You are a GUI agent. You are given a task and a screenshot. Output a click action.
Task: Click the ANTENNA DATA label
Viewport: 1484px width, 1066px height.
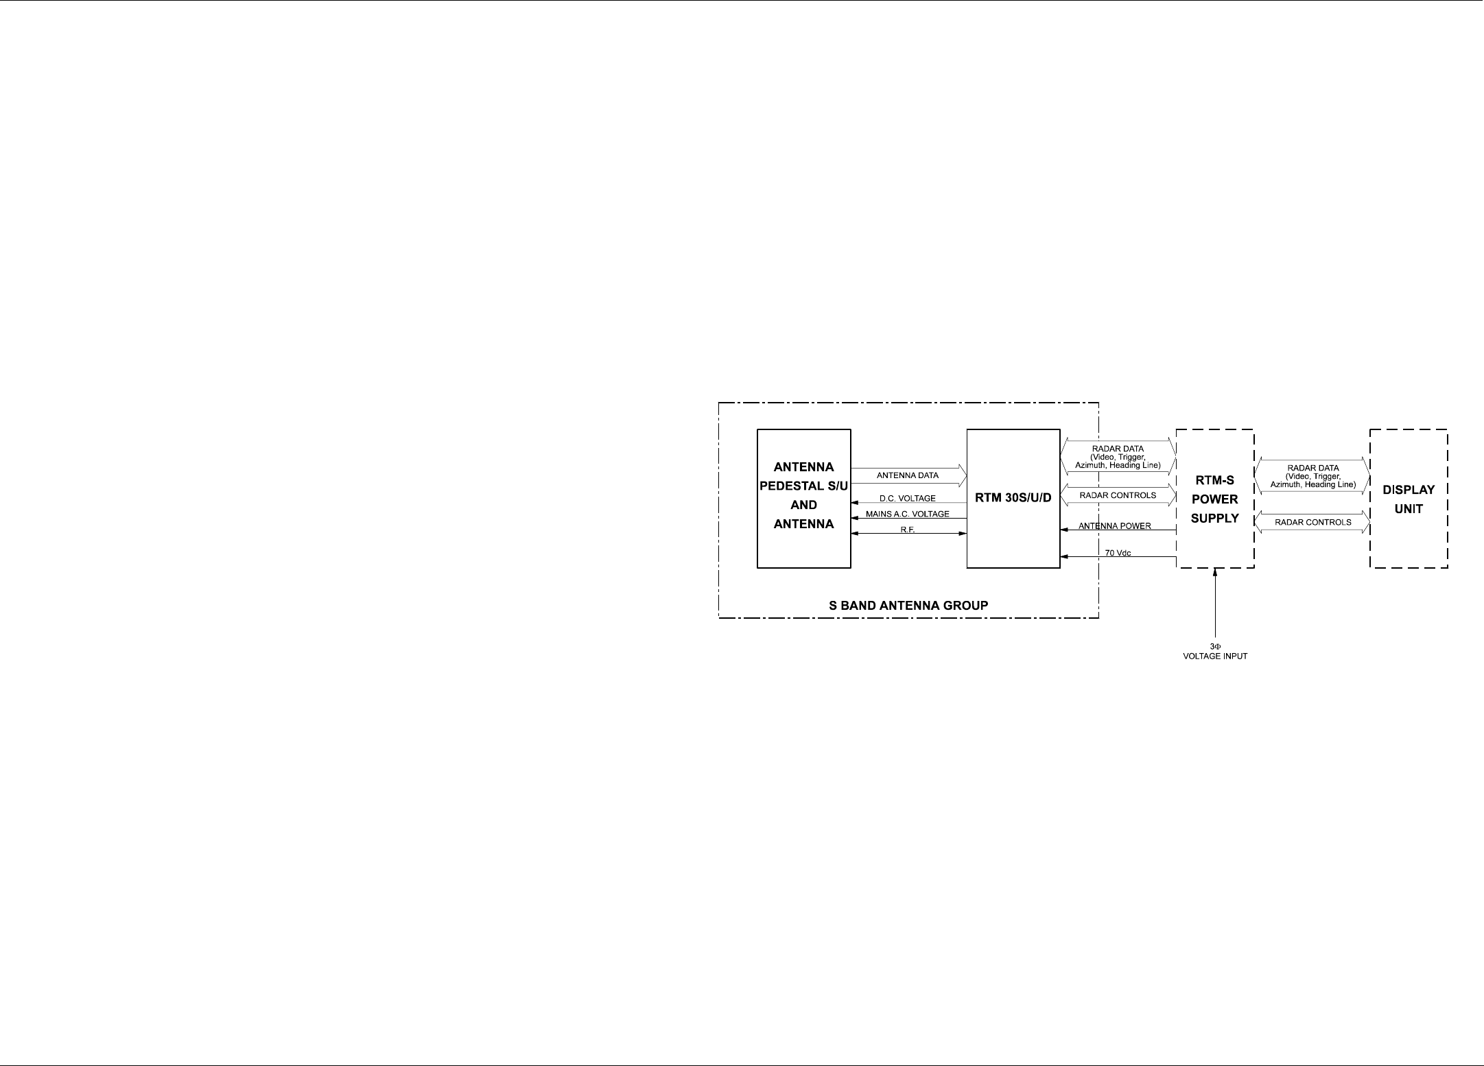pos(907,475)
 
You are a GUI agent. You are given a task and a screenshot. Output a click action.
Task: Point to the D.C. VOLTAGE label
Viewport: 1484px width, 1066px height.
pos(907,499)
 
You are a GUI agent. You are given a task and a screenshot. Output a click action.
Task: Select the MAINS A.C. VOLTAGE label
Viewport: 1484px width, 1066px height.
pos(907,514)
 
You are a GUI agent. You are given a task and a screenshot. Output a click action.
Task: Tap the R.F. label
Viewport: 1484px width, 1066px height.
pos(907,530)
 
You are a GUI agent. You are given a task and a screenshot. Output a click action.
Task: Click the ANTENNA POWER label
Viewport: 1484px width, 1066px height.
pos(1114,526)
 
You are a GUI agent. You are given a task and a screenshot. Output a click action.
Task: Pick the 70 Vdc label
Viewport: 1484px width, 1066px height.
pos(1118,553)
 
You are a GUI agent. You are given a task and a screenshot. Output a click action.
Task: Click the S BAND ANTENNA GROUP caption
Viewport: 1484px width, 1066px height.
pos(908,606)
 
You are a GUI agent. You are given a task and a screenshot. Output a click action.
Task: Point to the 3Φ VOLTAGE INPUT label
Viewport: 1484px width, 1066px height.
pos(1215,652)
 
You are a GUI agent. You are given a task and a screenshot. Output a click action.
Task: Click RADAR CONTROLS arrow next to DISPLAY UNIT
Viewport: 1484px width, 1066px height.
pos(1312,523)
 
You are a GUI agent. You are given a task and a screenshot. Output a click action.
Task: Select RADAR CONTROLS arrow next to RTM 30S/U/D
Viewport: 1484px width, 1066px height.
pos(1118,495)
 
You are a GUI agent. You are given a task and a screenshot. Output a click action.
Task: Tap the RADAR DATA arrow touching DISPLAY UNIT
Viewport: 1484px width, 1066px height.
pos(1312,476)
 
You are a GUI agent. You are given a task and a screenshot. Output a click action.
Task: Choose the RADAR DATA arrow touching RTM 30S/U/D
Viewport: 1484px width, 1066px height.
pos(1118,457)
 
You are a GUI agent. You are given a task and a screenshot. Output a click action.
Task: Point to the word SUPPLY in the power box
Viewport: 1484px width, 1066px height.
pos(1214,519)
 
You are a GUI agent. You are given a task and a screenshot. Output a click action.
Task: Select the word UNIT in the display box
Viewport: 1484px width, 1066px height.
pos(1409,509)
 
